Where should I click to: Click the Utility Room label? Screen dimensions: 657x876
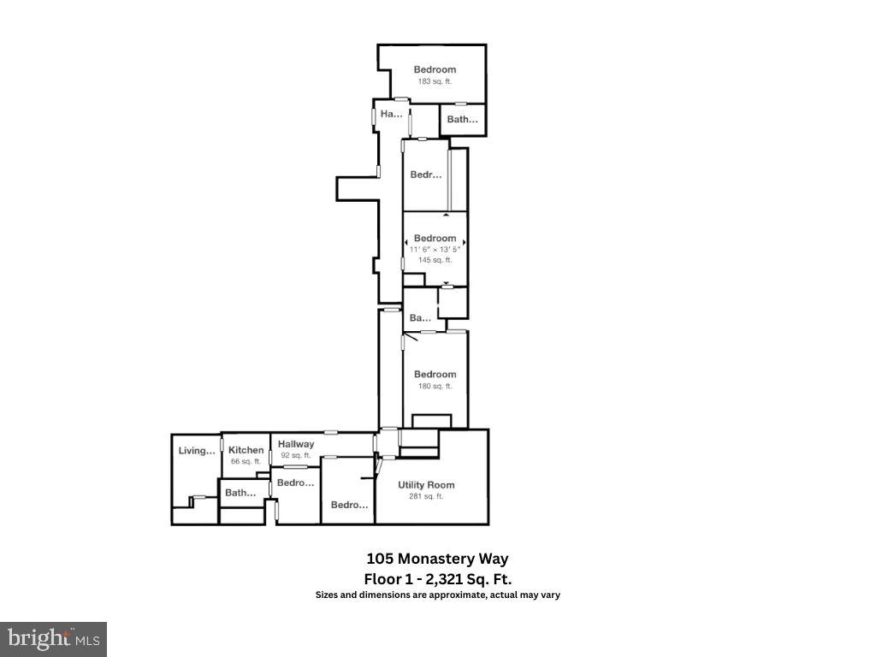(x=426, y=485)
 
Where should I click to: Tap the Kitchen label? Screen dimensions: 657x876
(x=246, y=450)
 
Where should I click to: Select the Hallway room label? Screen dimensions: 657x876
(x=296, y=444)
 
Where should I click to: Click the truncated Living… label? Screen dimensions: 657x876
(x=197, y=451)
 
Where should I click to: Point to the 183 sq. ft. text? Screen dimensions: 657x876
(x=435, y=81)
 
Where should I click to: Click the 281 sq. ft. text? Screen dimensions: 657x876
(x=426, y=496)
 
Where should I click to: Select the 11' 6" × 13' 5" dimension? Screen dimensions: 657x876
(x=435, y=249)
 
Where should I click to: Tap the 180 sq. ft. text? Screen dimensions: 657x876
(x=435, y=386)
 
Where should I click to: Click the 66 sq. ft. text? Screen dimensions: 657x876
(x=246, y=461)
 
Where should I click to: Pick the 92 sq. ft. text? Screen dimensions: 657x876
(x=296, y=455)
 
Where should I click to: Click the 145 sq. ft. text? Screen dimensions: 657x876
(x=435, y=260)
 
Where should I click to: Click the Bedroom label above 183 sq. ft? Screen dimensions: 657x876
(x=435, y=69)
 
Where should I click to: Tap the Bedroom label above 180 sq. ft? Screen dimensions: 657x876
(x=435, y=374)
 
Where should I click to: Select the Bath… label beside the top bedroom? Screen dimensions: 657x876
(x=463, y=120)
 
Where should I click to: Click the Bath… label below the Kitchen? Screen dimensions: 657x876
(x=240, y=493)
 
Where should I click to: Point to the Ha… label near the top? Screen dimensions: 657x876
(x=391, y=114)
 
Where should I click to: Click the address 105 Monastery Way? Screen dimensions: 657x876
(x=437, y=559)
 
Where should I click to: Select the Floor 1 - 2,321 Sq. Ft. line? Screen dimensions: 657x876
(x=437, y=578)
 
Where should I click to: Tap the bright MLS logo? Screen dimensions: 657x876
(x=53, y=638)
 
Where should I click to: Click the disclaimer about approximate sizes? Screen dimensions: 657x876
(x=437, y=595)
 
